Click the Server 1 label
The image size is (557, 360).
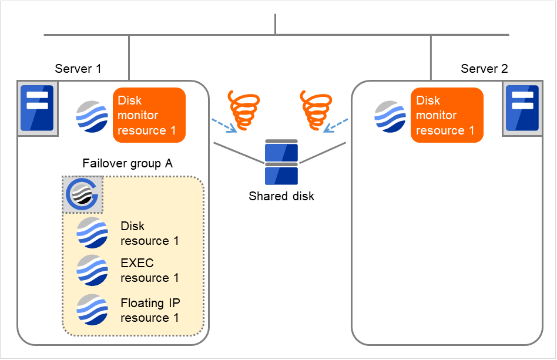(x=78, y=69)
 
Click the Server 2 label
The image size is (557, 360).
(x=484, y=69)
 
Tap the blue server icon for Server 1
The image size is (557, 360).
(x=37, y=107)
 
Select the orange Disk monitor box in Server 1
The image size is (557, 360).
(x=149, y=115)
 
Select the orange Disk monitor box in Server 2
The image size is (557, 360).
(x=447, y=115)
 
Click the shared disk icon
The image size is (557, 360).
(x=281, y=162)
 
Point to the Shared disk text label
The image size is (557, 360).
(x=281, y=196)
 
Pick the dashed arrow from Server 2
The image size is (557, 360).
(x=337, y=125)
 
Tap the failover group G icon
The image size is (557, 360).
(x=83, y=194)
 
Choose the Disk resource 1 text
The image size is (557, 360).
(x=149, y=233)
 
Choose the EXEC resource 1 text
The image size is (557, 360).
(x=149, y=270)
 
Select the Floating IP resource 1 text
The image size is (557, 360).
(x=150, y=310)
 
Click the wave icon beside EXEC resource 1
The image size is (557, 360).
(x=92, y=270)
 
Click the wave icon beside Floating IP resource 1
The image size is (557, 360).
(x=92, y=309)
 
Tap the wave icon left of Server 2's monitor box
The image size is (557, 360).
(x=390, y=116)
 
